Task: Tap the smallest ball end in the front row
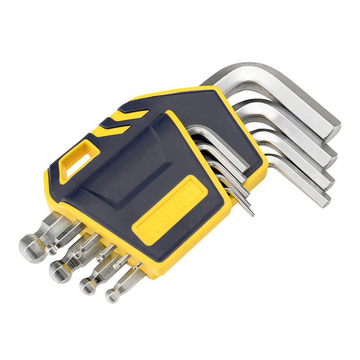[x=112, y=295]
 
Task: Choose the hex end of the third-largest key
[x=328, y=180]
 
